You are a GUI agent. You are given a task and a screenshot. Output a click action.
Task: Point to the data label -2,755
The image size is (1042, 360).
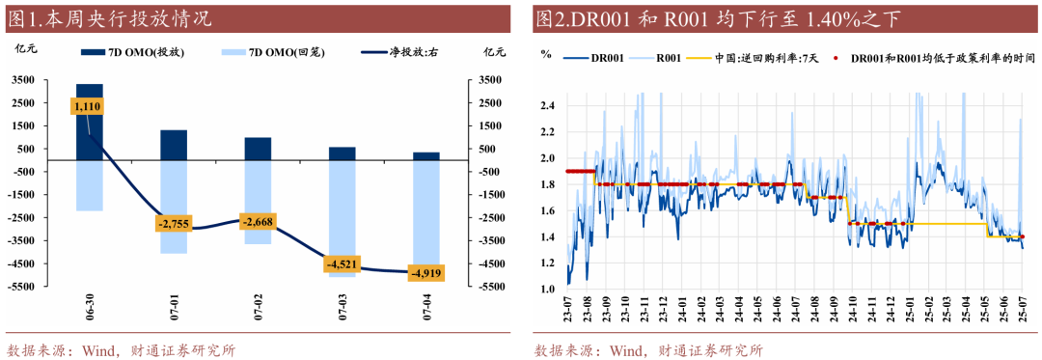175,224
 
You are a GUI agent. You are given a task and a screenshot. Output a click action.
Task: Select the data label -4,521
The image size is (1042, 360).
342,264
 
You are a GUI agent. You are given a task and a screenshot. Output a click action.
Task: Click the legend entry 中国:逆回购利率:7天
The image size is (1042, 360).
761,58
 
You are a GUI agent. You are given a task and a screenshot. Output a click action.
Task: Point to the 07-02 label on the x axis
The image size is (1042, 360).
259,316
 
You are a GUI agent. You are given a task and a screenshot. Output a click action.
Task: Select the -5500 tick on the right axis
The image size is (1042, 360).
488,286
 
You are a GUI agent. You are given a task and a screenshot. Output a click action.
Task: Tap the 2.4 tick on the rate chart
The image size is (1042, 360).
548,105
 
